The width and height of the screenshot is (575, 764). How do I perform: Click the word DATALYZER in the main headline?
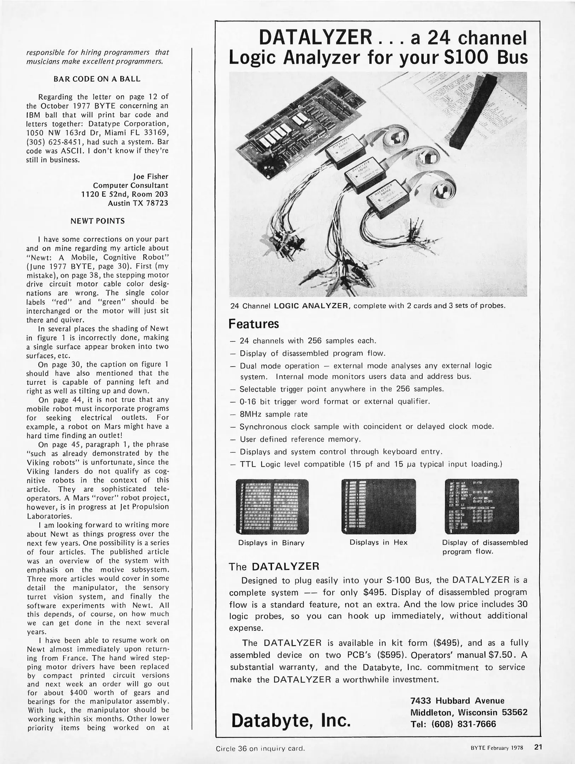pos(315,37)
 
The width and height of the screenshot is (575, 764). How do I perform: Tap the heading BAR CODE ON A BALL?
pos(97,79)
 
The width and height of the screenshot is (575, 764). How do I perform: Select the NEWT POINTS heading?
pos(98,221)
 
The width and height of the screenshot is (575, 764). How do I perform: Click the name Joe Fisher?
pos(151,176)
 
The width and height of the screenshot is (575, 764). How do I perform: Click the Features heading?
pos(254,324)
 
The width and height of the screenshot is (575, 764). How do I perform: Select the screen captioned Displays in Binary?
pos(272,507)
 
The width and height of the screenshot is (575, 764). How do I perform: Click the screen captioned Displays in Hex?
pos(378,506)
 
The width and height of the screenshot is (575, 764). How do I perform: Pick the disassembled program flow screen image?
pos(482,506)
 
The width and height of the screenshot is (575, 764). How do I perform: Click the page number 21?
pos(538,747)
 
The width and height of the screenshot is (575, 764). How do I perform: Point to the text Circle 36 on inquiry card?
pos(260,748)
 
